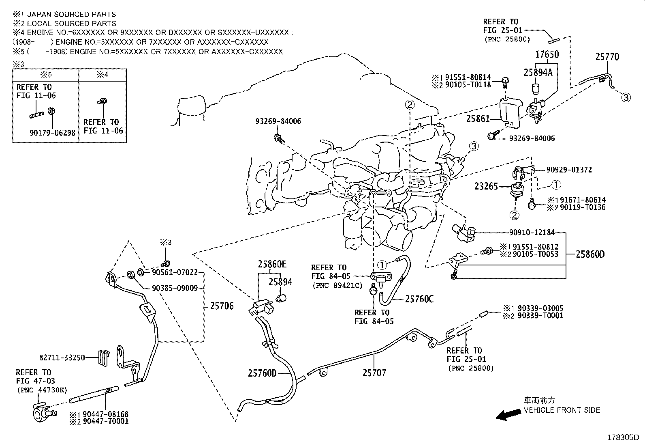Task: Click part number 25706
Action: pyautogui.click(x=222, y=306)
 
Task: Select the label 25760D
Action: pyautogui.click(x=262, y=373)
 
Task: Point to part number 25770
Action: pyautogui.click(x=607, y=57)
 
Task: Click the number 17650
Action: pyautogui.click(x=547, y=55)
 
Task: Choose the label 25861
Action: pyautogui.click(x=478, y=119)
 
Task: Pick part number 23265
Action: pyautogui.click(x=486, y=187)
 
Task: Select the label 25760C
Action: pyautogui.click(x=419, y=299)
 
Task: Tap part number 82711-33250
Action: pyautogui.click(x=62, y=358)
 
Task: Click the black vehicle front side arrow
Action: pyautogui.click(x=508, y=415)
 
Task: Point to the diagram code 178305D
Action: pyautogui.click(x=622, y=437)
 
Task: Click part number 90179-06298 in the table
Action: pyautogui.click(x=52, y=133)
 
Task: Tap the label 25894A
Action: pyautogui.click(x=538, y=73)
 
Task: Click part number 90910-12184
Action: pyautogui.click(x=532, y=233)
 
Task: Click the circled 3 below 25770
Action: pyautogui.click(x=626, y=97)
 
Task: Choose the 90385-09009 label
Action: pyautogui.click(x=175, y=289)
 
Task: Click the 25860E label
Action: pyautogui.click(x=272, y=265)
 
